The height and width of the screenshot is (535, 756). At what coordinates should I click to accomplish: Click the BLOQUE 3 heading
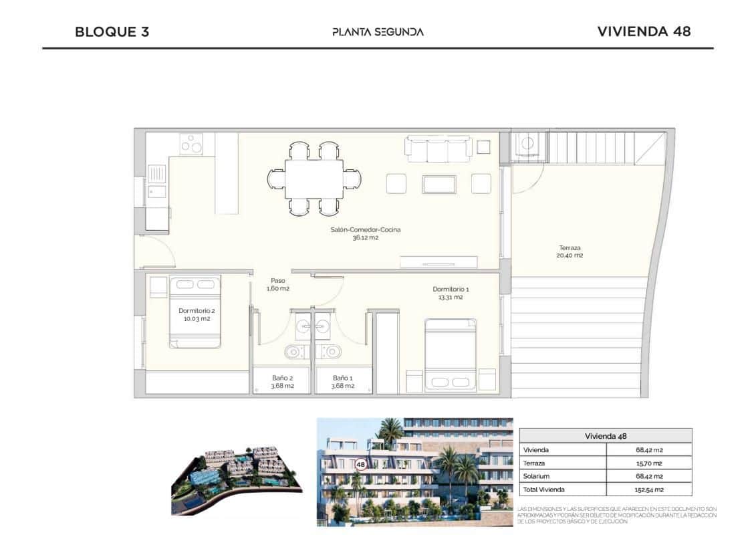[112, 31]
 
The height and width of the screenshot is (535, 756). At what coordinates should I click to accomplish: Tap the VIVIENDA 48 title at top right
[643, 31]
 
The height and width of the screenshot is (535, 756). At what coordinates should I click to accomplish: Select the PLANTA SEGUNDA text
[378, 31]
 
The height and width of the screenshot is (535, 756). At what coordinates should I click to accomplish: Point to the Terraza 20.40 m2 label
[571, 251]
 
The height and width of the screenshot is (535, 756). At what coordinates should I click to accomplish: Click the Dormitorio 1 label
[451, 293]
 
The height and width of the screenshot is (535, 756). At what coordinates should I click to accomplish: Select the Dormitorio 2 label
[197, 314]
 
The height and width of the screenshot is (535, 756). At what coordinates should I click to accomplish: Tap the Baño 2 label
[282, 381]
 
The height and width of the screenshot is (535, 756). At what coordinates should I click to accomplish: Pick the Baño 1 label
[343, 381]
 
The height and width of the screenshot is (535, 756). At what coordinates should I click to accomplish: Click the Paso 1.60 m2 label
[278, 284]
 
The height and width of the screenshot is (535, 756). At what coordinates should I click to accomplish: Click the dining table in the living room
[314, 179]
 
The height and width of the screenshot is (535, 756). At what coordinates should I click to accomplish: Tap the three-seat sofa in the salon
[438, 148]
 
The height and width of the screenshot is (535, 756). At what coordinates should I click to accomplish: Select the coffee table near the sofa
[438, 184]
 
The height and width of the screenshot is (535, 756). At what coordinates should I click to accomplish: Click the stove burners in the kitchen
[192, 144]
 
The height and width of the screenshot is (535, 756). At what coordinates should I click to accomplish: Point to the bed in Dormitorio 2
[195, 312]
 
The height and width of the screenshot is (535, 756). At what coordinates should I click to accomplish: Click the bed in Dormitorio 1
[451, 354]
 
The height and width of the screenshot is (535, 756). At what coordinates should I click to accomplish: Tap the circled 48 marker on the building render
[361, 463]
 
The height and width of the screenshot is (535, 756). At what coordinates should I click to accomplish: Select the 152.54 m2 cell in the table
[648, 490]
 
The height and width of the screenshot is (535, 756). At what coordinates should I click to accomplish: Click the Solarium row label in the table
[537, 476]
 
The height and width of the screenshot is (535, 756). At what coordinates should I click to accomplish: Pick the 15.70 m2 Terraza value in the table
[648, 463]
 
